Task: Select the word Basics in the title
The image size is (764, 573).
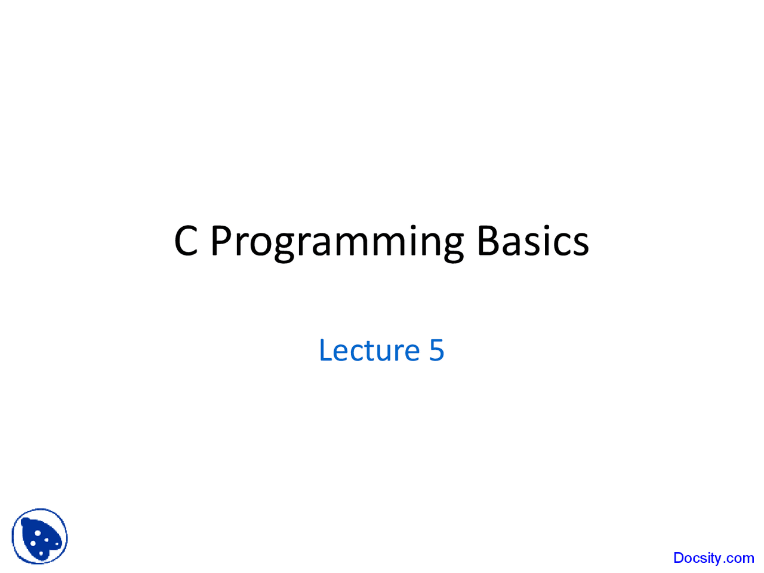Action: pyautogui.click(x=533, y=241)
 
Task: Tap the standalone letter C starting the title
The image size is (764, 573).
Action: pyautogui.click(x=186, y=241)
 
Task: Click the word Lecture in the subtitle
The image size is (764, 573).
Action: pyautogui.click(x=369, y=350)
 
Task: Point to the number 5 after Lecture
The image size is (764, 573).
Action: pyautogui.click(x=436, y=350)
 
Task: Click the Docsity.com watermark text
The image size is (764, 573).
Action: pyautogui.click(x=713, y=558)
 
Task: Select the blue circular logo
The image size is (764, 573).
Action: pyautogui.click(x=39, y=536)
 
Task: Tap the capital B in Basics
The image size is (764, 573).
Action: pyautogui.click(x=488, y=241)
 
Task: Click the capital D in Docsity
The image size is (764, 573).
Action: pyautogui.click(x=679, y=557)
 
